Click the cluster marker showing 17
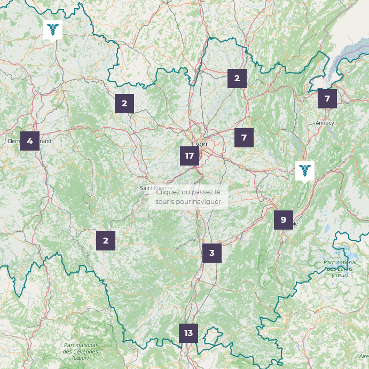point(189,156)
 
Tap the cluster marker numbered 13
point(188,333)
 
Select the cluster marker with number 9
point(283,219)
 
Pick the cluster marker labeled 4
point(30,141)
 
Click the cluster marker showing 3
point(211,253)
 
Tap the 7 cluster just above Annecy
point(327,99)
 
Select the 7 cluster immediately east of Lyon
point(244,138)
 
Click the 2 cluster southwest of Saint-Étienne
point(106,241)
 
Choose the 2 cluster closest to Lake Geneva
point(237,78)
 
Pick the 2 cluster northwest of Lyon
point(124,104)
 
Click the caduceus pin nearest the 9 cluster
point(304,170)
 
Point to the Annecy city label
point(325,123)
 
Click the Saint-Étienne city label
point(155,188)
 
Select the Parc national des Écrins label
point(340,269)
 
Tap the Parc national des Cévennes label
point(80,351)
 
